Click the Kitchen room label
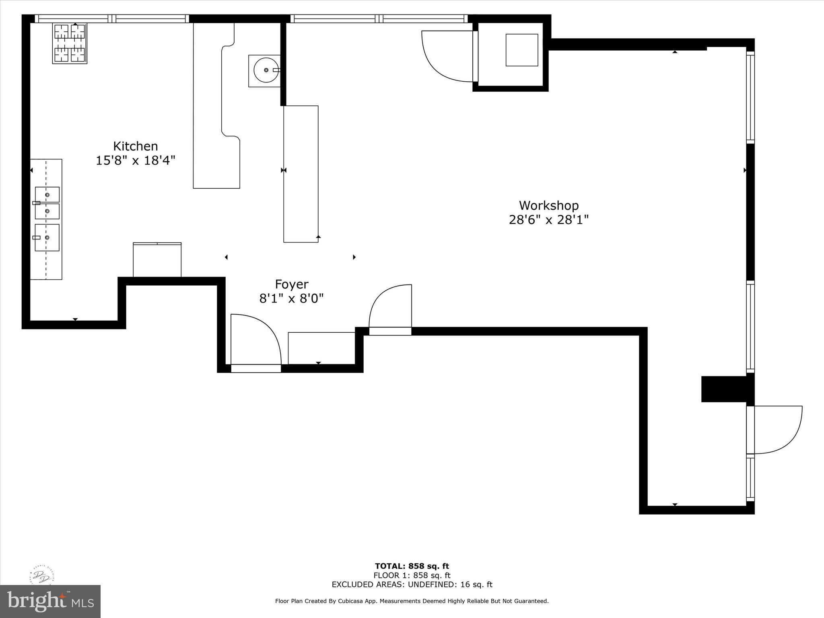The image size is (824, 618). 135,146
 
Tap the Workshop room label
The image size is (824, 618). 548,206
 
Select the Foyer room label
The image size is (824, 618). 291,284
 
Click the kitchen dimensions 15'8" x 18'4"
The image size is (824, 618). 135,161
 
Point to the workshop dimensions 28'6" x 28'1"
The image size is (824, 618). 548,220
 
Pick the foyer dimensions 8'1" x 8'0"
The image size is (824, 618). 291,299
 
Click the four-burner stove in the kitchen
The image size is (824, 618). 70,43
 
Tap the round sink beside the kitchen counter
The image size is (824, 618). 266,70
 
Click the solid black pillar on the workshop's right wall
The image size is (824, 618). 724,389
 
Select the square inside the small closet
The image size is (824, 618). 521,50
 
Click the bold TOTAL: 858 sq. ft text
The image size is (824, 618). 412,566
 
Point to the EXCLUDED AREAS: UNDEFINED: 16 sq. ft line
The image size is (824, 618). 412,585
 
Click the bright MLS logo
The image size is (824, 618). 50,601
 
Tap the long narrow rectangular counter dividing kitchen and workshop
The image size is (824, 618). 301,174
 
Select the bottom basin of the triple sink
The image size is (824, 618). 47,237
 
